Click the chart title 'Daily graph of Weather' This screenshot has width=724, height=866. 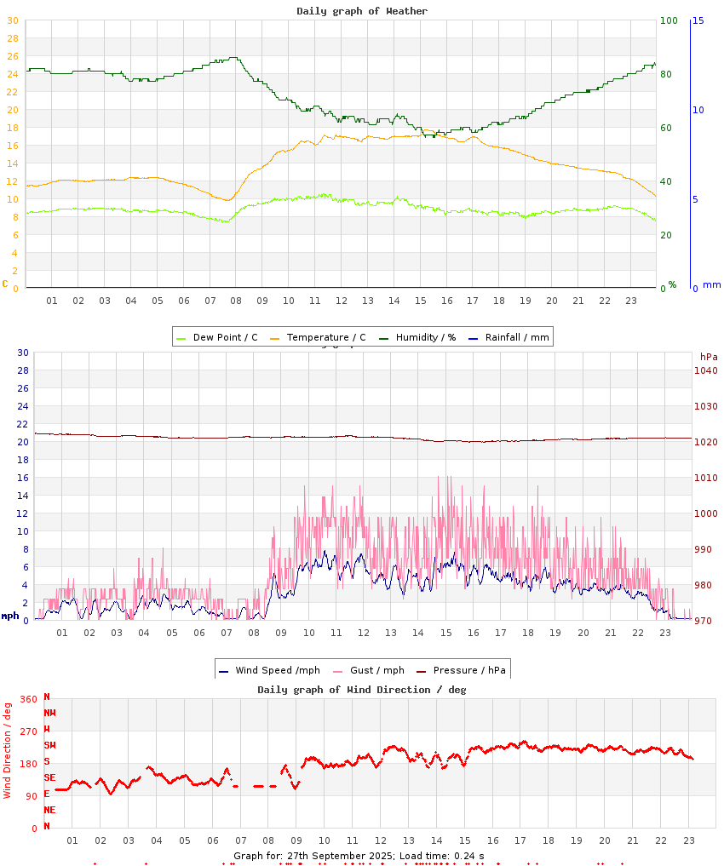click(362, 11)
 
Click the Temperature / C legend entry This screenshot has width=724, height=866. click(318, 337)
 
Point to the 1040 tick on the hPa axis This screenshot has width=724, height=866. click(705, 370)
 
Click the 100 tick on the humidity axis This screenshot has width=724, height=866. click(669, 20)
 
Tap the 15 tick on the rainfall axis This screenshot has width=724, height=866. click(698, 20)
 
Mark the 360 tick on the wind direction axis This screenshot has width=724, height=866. click(29, 699)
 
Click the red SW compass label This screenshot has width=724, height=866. click(49, 745)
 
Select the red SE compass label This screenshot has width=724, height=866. click(49, 777)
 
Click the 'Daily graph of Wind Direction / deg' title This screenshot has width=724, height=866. click(362, 690)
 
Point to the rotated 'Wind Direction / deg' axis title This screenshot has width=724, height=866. click(8, 749)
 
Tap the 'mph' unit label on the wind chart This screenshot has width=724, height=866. click(10, 616)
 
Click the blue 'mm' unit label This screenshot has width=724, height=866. click(711, 284)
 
